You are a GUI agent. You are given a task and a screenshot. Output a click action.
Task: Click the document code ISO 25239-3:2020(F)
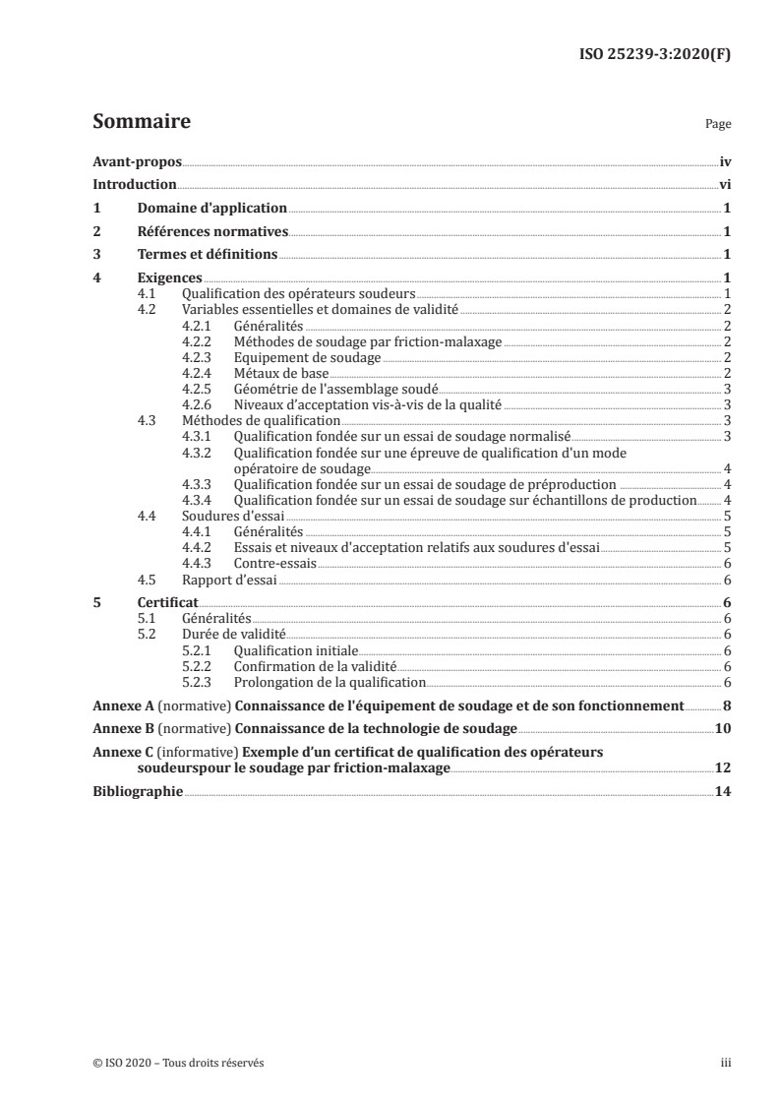(657, 54)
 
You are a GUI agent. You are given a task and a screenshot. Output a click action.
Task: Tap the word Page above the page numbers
(718, 126)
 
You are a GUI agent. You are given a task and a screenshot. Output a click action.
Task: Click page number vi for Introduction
(724, 185)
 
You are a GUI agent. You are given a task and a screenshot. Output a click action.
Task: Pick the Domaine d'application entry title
(212, 209)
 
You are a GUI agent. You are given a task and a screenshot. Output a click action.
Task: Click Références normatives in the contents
(212, 231)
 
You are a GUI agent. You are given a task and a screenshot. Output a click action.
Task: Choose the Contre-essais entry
(274, 564)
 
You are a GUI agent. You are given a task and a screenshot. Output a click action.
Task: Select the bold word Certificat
(167, 602)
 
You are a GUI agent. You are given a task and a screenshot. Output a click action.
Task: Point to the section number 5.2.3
(198, 681)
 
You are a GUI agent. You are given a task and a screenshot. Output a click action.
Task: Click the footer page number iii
(725, 1062)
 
